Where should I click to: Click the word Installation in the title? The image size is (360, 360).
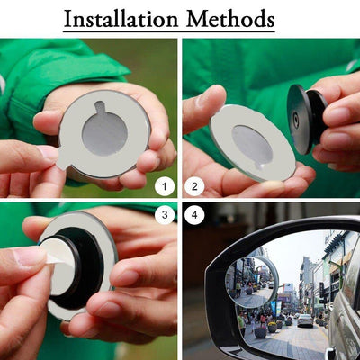121,19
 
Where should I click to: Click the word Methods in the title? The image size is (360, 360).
230,19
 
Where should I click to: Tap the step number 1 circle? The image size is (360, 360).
165,186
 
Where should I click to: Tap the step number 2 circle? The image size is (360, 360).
194,186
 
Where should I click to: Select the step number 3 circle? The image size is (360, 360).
165,214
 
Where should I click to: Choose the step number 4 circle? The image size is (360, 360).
194,214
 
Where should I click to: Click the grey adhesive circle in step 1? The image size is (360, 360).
104,133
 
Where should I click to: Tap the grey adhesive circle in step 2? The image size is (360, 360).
252,145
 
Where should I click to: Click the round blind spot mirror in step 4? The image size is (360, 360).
252,282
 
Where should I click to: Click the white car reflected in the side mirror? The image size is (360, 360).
305,320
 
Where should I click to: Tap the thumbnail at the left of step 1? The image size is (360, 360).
48,152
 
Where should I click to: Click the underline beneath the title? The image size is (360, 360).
169,31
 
